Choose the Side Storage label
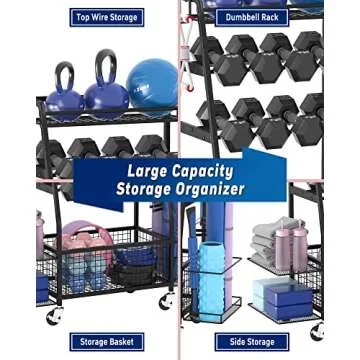[253, 342]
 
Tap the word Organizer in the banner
[211, 189]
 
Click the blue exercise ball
[152, 84]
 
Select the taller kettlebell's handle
[105, 65]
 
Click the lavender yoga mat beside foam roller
[189, 250]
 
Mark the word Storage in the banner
[143, 189]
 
